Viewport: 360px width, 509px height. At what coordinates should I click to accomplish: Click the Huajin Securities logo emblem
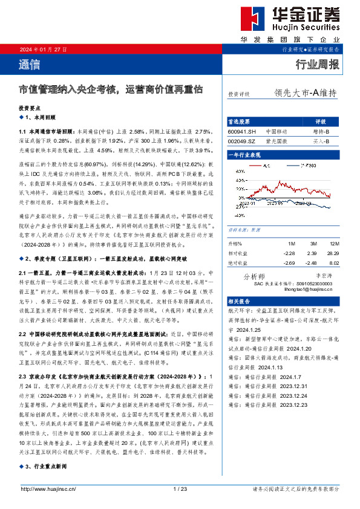point(252,18)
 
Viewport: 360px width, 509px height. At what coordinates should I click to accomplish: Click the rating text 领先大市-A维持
point(305,93)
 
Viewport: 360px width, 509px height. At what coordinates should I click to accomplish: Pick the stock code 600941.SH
point(243,131)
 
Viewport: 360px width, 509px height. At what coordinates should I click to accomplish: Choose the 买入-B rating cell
point(321,141)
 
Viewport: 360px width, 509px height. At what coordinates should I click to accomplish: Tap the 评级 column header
point(321,121)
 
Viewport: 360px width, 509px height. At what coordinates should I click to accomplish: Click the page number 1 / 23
point(180,488)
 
